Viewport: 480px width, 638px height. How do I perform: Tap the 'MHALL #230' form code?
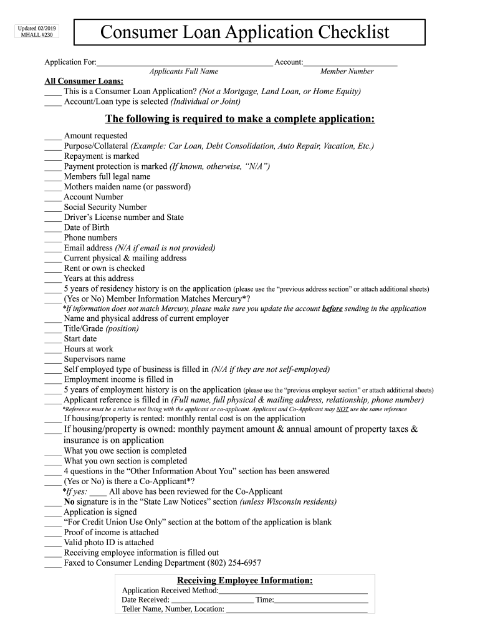click(x=31, y=36)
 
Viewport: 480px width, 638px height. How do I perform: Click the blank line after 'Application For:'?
click(x=185, y=63)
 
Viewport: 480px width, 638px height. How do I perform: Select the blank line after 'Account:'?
click(x=350, y=63)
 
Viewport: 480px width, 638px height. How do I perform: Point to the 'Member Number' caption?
click(x=347, y=72)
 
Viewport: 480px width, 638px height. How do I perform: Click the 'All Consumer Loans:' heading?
click(x=84, y=81)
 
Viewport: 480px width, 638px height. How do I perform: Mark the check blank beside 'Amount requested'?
click(x=53, y=136)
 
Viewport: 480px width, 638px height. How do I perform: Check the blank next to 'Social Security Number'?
click(x=53, y=207)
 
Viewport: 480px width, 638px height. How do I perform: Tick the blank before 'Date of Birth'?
click(x=53, y=228)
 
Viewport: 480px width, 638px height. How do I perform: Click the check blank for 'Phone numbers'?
click(x=53, y=238)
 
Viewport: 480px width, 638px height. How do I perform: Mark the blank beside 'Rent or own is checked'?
click(x=53, y=269)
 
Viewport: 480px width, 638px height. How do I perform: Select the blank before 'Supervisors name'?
click(x=53, y=359)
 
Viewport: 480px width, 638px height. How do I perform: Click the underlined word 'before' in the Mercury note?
click(x=332, y=308)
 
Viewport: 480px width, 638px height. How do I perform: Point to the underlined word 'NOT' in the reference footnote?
click(x=342, y=409)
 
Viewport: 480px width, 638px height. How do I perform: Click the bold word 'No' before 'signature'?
click(x=69, y=502)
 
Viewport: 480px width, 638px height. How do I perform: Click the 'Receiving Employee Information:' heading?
click(x=245, y=581)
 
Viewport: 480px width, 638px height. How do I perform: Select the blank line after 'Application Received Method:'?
click(x=293, y=591)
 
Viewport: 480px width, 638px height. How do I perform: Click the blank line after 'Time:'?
click(x=321, y=601)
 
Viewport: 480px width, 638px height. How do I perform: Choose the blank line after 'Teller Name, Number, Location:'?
click(x=296, y=610)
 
